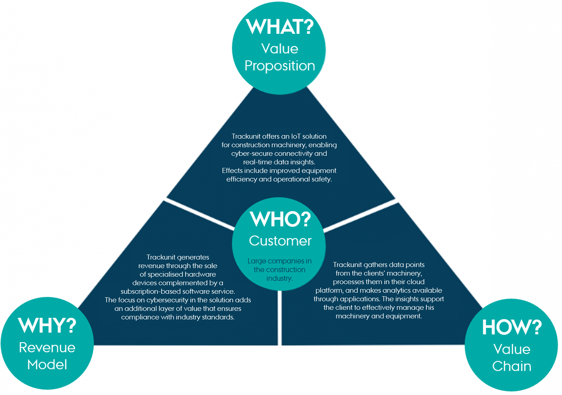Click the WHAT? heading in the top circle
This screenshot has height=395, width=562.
(x=280, y=27)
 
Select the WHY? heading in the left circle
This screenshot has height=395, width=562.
(x=47, y=325)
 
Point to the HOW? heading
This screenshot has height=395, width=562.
(x=512, y=327)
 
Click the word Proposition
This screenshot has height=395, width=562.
(x=280, y=66)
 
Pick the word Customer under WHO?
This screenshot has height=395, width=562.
(x=280, y=241)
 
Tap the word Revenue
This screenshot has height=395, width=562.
(x=47, y=348)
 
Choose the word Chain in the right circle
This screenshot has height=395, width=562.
(x=512, y=366)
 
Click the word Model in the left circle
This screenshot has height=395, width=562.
(x=47, y=365)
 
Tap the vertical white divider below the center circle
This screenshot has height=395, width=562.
(x=280, y=317)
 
